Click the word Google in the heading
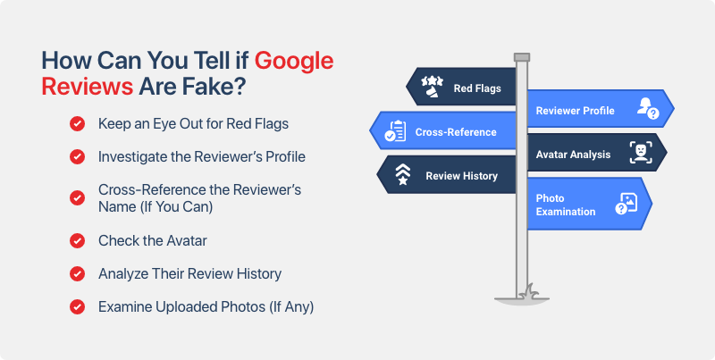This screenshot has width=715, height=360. pos(294,62)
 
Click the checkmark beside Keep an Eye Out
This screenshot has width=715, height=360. pos(77,123)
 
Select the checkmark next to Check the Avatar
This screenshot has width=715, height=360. pos(77,240)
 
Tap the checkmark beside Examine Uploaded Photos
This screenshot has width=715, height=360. pos(77,306)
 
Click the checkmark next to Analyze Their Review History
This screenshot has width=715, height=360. pos(77,273)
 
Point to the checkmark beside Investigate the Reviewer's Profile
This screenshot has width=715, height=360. pos(77,156)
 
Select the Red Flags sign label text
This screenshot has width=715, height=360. pos(477,88)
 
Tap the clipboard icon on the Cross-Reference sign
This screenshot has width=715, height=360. pos(394,131)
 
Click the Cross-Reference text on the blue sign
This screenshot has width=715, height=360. pos(456,132)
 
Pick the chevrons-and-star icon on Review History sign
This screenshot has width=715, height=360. pos(403,174)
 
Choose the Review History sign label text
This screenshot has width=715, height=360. pos(461,176)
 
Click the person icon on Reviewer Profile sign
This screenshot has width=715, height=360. pos(646,109)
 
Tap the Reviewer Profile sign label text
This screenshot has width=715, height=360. pos(575,111)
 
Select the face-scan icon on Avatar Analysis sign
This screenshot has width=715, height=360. pos(639,153)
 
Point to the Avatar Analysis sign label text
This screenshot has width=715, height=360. pos(573,155)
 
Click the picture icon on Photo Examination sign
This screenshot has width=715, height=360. pos(626,205)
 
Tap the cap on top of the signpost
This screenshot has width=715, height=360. pos(522,58)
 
